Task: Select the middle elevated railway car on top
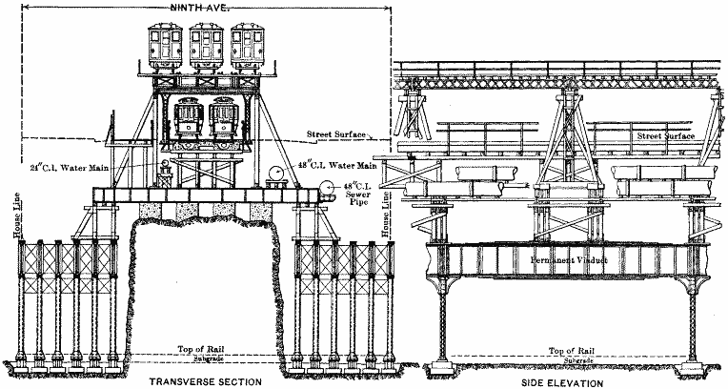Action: [207, 44]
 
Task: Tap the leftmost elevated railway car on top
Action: [162, 44]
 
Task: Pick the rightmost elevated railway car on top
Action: [251, 44]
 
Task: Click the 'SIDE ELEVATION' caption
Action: [564, 381]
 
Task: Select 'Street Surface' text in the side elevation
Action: [664, 136]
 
